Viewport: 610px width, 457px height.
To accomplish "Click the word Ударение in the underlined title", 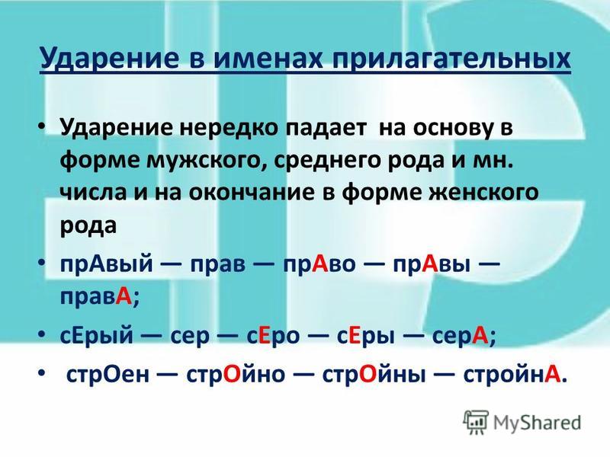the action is point(109,59).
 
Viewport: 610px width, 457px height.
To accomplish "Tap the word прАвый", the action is point(106,264).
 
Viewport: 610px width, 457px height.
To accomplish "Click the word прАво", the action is point(319,264).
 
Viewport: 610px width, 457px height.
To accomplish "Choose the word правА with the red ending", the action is point(99,298).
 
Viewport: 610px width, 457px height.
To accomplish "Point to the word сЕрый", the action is point(97,336).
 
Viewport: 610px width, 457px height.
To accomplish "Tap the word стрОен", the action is point(108,375).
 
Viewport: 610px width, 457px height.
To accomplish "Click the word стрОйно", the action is point(236,375).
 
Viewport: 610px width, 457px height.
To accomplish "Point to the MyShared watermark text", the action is point(538,423).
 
